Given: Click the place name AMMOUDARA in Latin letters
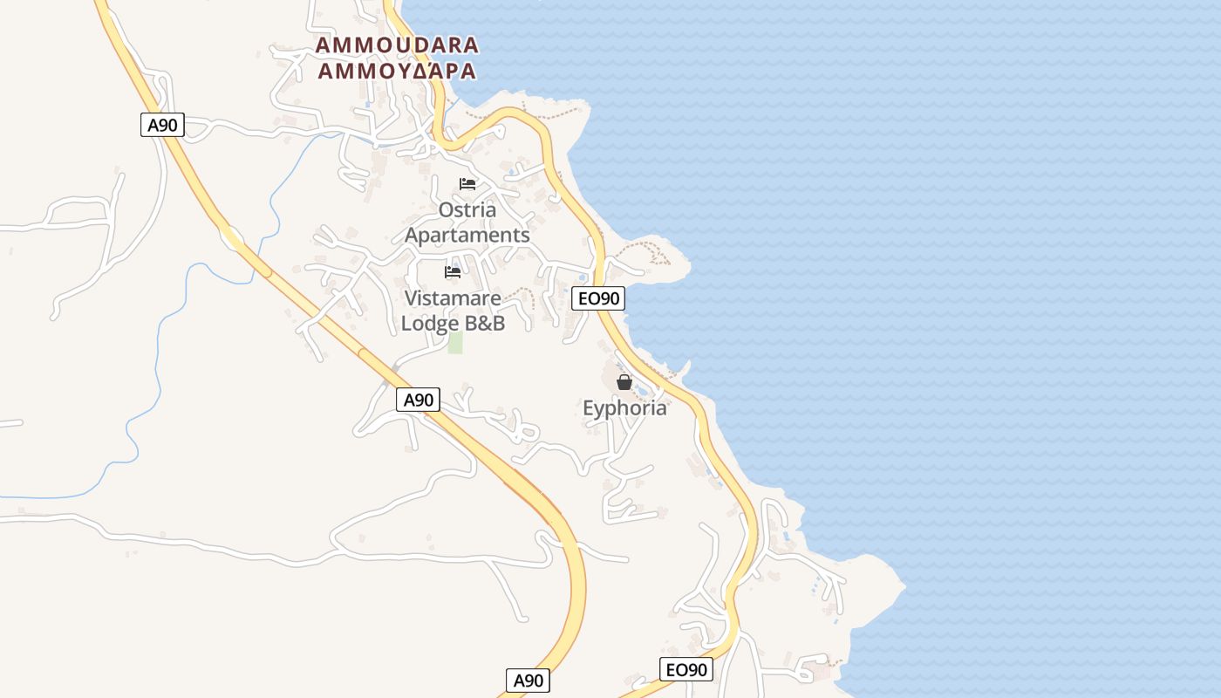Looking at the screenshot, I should coord(397,45).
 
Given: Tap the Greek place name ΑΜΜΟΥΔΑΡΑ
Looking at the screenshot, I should coord(397,72).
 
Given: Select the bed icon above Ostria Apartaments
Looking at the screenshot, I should coord(467,184).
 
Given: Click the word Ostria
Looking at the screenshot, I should coord(467,210).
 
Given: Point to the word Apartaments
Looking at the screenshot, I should coord(467,236).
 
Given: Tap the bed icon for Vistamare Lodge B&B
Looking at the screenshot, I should coord(453,272).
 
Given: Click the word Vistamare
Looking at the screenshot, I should coord(453,298).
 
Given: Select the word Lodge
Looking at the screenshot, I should coord(430,324).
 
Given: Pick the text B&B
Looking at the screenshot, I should coord(485,324).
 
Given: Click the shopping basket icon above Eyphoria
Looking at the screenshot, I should coord(624,382).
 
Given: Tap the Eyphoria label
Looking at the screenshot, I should coord(624,408).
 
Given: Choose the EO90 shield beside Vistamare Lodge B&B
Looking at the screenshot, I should coord(598,298).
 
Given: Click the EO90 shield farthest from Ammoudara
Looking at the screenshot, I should coord(686,670).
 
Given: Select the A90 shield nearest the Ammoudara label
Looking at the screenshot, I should coord(162,125).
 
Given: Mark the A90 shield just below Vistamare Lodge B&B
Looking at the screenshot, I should coord(419,400).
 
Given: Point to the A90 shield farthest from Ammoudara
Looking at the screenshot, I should coord(528,681).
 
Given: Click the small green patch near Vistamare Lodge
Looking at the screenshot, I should coord(455,342).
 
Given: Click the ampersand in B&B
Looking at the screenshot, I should coord(485,324).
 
